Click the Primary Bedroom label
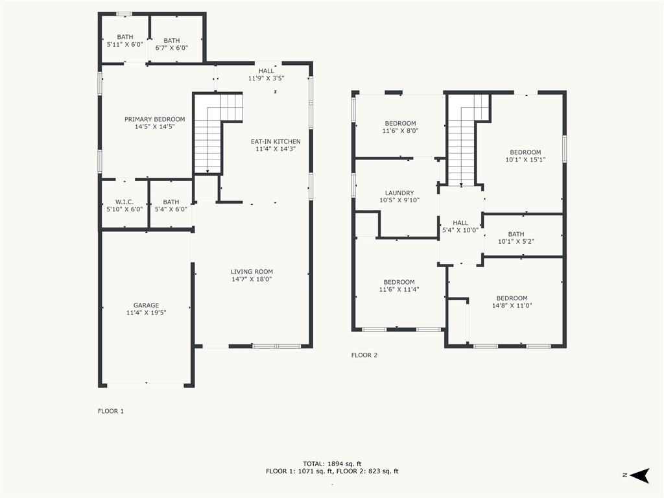coord(154,119)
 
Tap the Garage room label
coord(146,305)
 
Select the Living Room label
coord(252,272)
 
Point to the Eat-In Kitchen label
coord(276,141)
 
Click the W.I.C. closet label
coord(124,202)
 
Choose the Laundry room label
coord(399,193)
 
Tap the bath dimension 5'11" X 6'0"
coord(125,44)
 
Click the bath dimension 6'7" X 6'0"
coord(171,48)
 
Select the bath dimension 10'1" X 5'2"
coord(516,241)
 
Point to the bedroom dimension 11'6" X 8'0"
coord(400,131)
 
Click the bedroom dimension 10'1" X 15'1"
coord(525,160)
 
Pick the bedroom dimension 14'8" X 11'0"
coord(512,305)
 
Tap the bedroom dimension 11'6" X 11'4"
coord(399,290)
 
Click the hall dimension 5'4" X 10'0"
coord(460,230)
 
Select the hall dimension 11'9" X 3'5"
coord(266,78)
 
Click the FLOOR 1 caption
coord(111,411)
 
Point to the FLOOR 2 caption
coord(364,355)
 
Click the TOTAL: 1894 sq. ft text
coord(332,464)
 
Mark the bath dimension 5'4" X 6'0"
coord(171,209)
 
